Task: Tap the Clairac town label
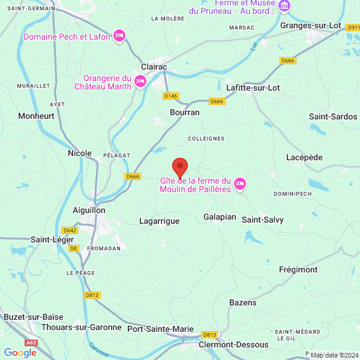pyautogui.click(x=154, y=67)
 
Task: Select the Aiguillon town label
pyautogui.click(x=89, y=211)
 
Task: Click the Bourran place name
pyautogui.click(x=185, y=112)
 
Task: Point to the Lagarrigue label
pyautogui.click(x=159, y=221)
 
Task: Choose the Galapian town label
pyautogui.click(x=220, y=217)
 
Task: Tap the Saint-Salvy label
pyautogui.click(x=263, y=220)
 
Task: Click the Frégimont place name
pyautogui.click(x=298, y=269)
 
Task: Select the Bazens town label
pyautogui.click(x=243, y=302)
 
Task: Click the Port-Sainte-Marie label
pyautogui.click(x=160, y=329)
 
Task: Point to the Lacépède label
pyautogui.click(x=305, y=157)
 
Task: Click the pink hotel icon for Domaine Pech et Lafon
pyautogui.click(x=119, y=37)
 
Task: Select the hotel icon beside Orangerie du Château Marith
pyautogui.click(x=140, y=81)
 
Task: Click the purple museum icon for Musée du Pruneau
pyautogui.click(x=284, y=7)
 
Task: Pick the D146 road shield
pyautogui.click(x=170, y=96)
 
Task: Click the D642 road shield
pyautogui.click(x=70, y=230)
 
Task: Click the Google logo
pyautogui.click(x=20, y=353)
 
